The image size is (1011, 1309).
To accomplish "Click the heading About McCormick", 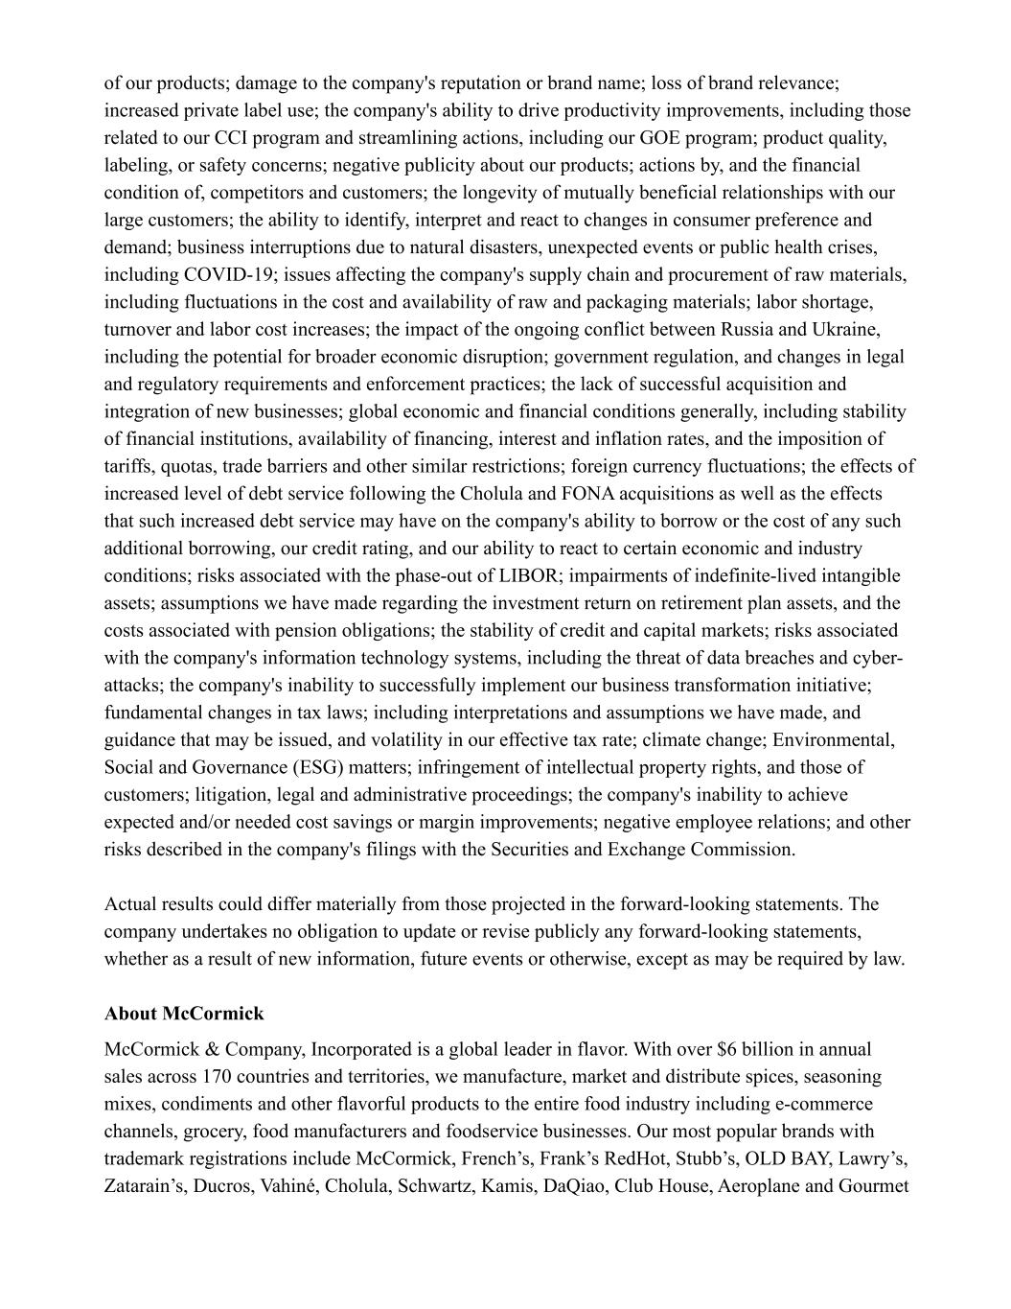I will pos(184,1014).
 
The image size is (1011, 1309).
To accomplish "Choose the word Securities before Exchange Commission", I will pos(533,850).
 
